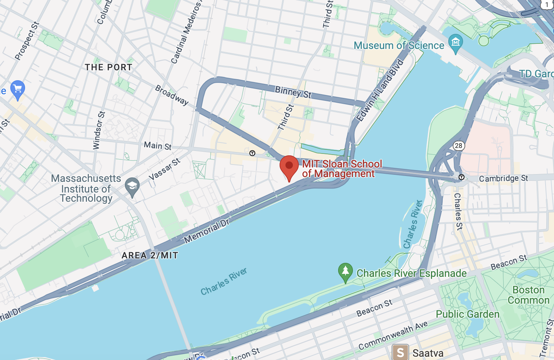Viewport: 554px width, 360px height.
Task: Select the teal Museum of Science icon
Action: [456, 42]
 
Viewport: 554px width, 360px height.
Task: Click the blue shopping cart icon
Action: [17, 89]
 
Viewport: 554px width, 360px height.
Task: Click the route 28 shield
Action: [458, 145]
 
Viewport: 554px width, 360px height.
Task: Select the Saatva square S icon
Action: [400, 352]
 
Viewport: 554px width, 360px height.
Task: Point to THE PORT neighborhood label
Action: [108, 67]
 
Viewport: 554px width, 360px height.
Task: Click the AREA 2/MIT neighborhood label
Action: [150, 255]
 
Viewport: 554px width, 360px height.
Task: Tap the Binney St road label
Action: [293, 92]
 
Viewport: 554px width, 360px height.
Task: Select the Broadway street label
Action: [172, 95]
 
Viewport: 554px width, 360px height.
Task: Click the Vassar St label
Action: [164, 169]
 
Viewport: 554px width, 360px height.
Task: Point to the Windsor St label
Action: [99, 130]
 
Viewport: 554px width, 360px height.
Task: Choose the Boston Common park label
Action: [528, 295]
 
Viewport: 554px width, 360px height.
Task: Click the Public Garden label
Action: [467, 314]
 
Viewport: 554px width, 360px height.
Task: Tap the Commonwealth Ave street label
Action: [393, 335]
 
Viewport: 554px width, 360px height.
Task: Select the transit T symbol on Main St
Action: [252, 153]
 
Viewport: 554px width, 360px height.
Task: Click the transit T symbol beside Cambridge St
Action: [461, 177]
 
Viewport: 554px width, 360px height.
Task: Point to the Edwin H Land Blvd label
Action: [380, 90]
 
